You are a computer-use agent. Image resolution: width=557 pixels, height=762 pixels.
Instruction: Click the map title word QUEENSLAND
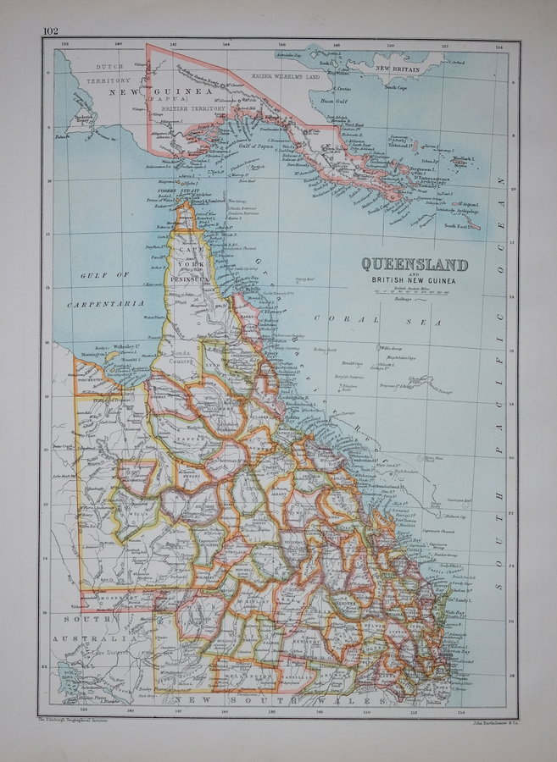(415, 265)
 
